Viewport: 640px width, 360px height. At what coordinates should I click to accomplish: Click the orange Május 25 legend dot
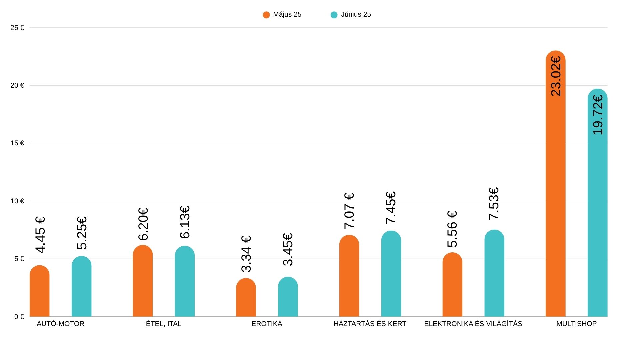coord(266,15)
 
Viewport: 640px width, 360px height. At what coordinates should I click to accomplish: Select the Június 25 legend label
coord(356,15)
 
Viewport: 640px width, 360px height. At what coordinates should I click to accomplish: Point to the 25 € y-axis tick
coord(17,28)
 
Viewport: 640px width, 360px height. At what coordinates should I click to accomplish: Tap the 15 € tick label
coord(17,143)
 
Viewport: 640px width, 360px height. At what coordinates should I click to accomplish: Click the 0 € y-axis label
coord(19,317)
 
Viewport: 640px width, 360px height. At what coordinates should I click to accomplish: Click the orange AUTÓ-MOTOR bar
coord(40,292)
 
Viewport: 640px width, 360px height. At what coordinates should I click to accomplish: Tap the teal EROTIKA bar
coord(288,297)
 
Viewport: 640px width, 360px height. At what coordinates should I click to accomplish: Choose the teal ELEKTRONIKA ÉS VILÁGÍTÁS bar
coord(494,273)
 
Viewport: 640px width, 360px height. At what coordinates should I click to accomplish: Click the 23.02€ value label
coord(556,76)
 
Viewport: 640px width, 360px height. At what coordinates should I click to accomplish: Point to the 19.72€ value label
coord(598,115)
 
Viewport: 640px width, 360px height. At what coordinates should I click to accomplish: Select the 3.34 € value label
coord(246,254)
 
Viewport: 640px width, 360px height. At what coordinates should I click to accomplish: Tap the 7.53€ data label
coord(494,203)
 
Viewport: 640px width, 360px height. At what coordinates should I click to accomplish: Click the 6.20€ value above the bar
coord(143,224)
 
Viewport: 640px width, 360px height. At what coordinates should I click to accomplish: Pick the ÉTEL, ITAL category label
coord(164,324)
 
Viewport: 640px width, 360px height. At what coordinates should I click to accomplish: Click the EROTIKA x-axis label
coord(267,324)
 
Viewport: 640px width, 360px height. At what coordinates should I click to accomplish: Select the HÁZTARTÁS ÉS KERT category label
coord(370,324)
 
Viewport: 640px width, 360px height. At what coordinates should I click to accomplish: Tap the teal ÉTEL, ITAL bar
coord(185,282)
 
